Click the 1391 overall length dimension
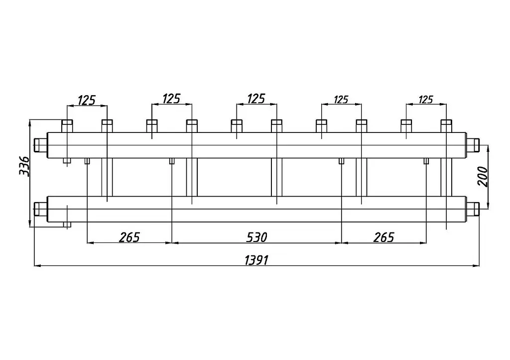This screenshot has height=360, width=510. tap(256, 260)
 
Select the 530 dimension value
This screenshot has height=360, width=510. tap(256, 238)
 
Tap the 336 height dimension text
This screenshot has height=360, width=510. tap(24, 166)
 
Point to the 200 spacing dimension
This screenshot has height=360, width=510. tap(483, 177)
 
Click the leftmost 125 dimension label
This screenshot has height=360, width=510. tap(87, 101)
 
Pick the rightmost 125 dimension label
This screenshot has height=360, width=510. tap(426, 100)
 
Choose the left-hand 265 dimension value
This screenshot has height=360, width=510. tap(129, 238)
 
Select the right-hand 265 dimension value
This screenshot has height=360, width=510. tap(384, 238)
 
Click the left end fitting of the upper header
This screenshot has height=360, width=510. tap(41, 145)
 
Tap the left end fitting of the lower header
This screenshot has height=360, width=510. tap(41, 209)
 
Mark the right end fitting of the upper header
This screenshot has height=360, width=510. tap(473, 145)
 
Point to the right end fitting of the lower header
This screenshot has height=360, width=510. tap(473, 209)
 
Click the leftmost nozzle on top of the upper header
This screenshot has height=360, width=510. tap(67, 126)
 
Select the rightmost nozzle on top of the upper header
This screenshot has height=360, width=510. tap(446, 126)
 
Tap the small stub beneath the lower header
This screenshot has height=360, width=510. tap(67, 225)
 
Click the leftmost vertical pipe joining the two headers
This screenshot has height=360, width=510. tap(107, 177)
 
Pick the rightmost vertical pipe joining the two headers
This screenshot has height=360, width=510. tap(446, 177)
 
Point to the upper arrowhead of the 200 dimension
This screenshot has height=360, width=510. tap(488, 148)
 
